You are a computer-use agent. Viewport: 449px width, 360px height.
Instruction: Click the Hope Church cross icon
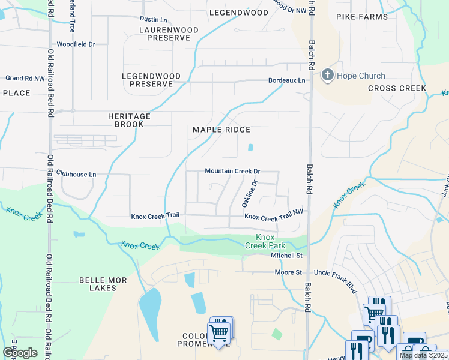coord(328,76)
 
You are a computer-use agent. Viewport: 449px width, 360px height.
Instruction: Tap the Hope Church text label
coord(361,76)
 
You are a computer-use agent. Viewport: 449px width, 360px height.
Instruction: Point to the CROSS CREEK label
coord(397,88)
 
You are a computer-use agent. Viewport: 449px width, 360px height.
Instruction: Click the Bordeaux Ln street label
coord(286,80)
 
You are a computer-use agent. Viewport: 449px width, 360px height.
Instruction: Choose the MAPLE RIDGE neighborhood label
coord(221,130)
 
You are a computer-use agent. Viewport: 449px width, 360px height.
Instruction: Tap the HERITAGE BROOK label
coord(125,120)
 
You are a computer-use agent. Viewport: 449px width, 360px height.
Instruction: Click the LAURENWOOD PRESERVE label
coord(164,34)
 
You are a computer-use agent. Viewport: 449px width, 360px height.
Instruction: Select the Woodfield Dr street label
coord(76,44)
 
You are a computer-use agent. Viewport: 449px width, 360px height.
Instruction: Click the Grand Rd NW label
coord(25,78)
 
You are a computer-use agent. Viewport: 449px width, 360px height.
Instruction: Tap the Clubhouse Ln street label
coord(76,174)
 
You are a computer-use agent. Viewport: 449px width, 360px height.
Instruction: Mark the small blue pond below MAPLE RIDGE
coord(250,147)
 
